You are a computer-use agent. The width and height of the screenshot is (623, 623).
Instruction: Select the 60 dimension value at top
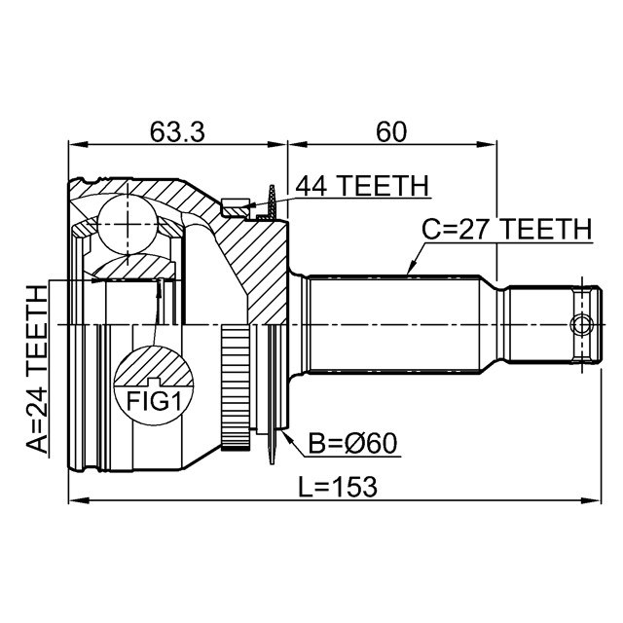[391, 131]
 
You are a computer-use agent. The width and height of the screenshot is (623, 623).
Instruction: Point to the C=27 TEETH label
[505, 229]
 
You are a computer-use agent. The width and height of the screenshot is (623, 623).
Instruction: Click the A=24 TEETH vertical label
[37, 370]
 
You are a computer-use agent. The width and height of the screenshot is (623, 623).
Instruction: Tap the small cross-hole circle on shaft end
[581, 324]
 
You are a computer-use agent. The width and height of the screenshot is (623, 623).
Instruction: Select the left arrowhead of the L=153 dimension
[74, 502]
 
